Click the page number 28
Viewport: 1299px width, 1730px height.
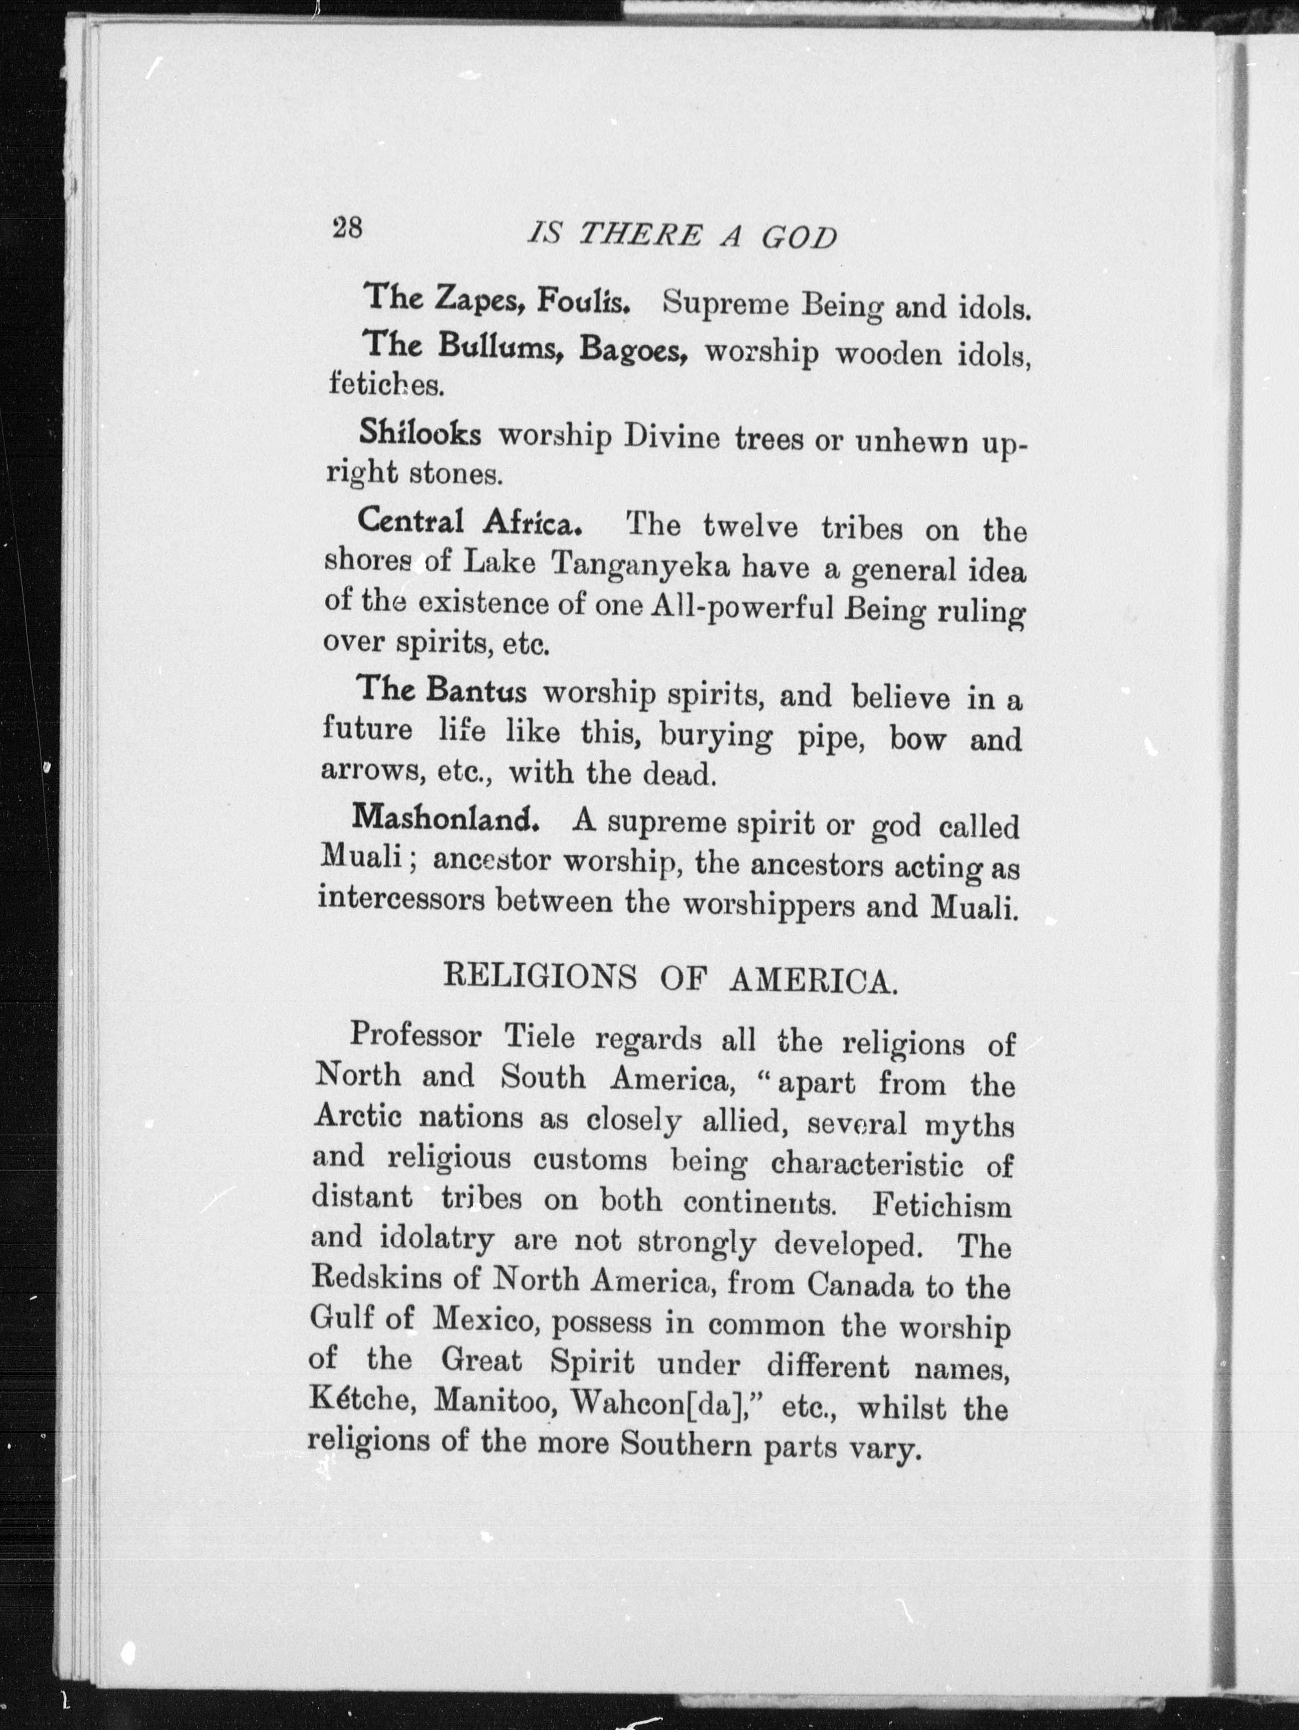[x=347, y=228]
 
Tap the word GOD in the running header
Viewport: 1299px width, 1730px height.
[x=799, y=237]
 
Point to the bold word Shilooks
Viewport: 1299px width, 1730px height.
[x=420, y=432]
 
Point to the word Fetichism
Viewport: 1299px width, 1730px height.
[x=942, y=1205]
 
